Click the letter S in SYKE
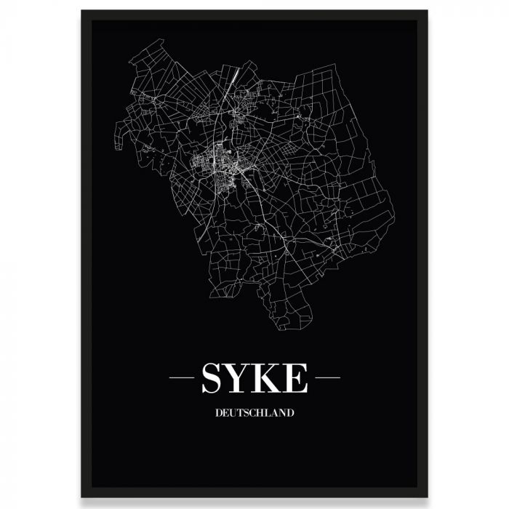[213, 378]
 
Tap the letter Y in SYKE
[240, 378]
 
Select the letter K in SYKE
[270, 378]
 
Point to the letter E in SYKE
[297, 378]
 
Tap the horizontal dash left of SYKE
[180, 378]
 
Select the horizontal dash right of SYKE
[328, 378]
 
